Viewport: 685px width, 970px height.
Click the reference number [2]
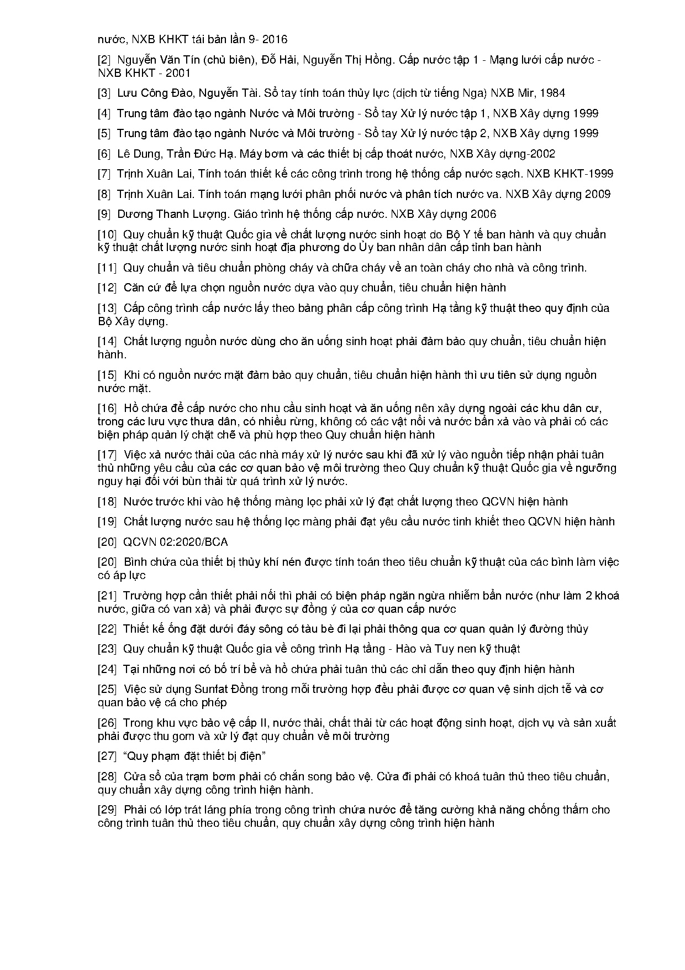pyautogui.click(x=104, y=60)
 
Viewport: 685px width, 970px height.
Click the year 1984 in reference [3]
pyautogui.click(x=552, y=93)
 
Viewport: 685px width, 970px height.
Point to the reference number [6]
pyautogui.click(x=104, y=154)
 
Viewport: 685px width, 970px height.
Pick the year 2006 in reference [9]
pyautogui.click(x=483, y=214)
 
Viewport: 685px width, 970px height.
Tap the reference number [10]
pyautogui.click(x=107, y=234)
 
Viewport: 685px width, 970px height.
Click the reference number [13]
pyautogui.click(x=107, y=308)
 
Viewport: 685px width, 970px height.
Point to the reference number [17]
pyautogui.click(x=107, y=455)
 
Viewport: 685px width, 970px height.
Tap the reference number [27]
pyautogui.click(x=107, y=756)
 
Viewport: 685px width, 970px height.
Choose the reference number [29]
pyautogui.click(x=107, y=810)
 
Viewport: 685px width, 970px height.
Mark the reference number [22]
pyautogui.click(x=107, y=629)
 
